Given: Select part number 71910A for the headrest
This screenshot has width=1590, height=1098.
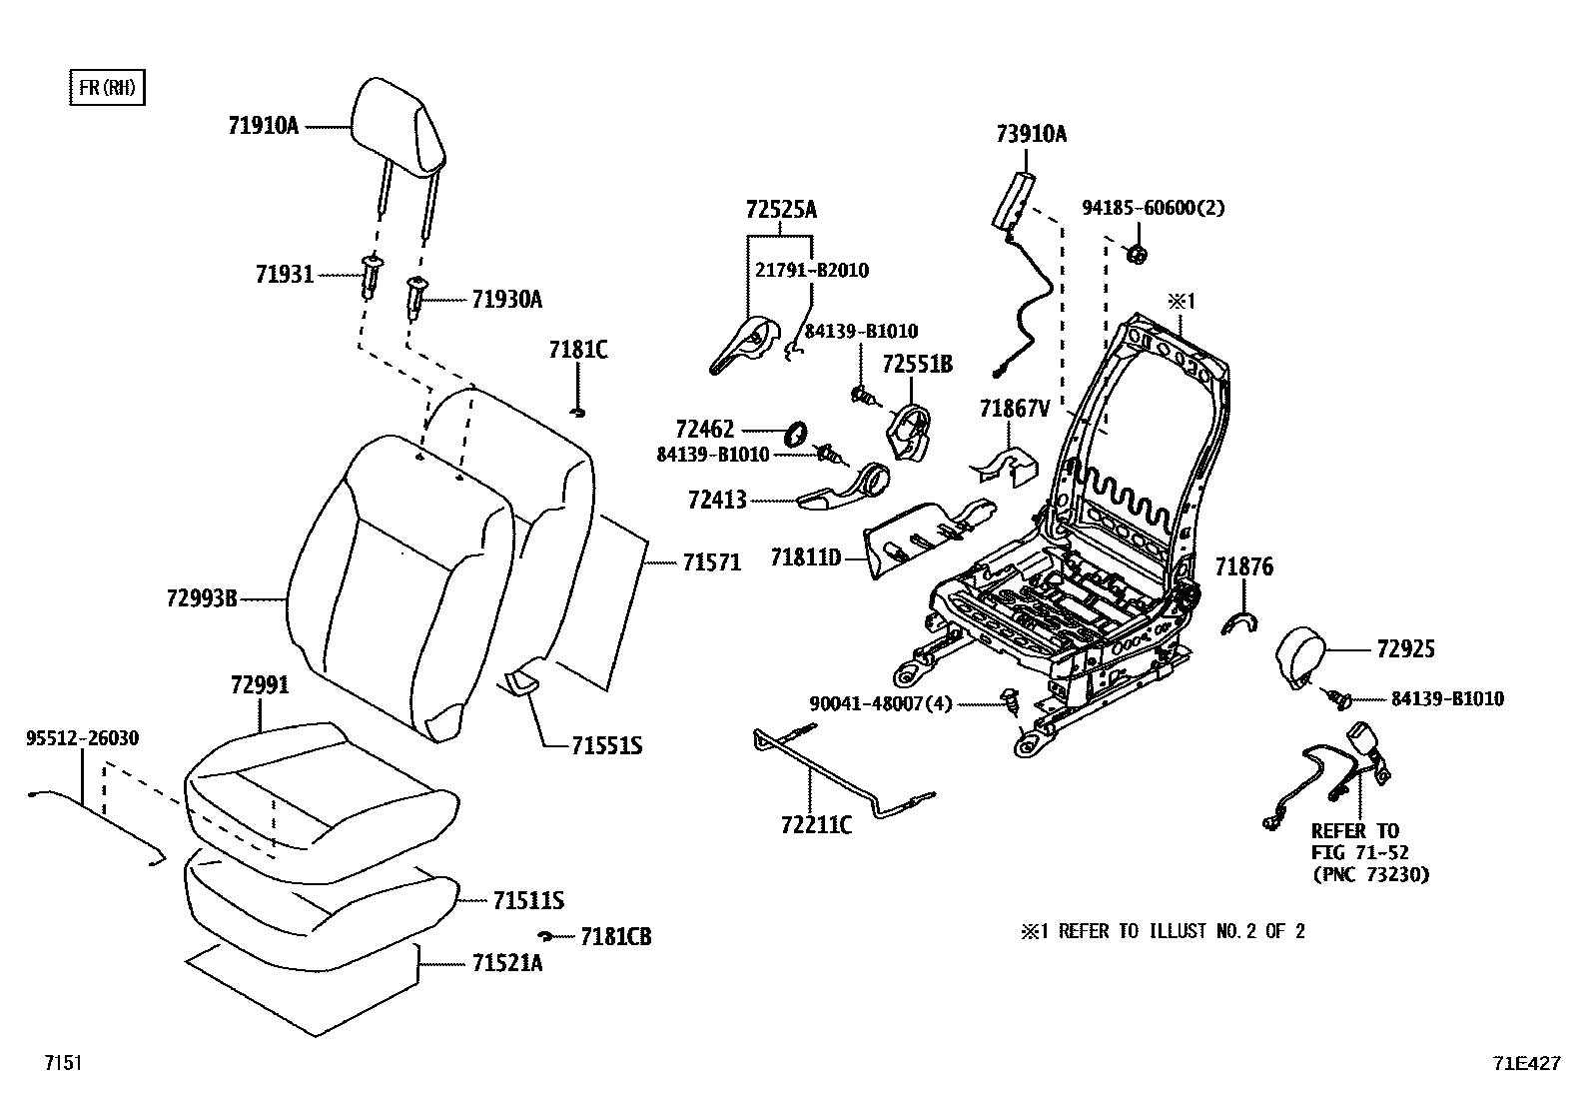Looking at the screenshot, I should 263,126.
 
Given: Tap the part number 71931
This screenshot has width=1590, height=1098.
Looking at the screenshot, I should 284,274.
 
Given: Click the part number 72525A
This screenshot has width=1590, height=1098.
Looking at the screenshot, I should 780,210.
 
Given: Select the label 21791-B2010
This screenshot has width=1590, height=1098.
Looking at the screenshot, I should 811,270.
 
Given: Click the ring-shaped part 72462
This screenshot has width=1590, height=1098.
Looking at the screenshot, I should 797,434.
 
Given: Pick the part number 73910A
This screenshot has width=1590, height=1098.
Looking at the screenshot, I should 1030,134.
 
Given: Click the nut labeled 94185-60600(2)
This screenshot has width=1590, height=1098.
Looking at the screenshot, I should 1136,255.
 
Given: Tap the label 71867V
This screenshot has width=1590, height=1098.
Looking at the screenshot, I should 1015,408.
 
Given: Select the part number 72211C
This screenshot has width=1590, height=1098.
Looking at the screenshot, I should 816,825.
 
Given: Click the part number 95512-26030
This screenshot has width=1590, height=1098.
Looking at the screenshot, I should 82,738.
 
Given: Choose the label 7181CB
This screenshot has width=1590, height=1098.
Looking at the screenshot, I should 615,937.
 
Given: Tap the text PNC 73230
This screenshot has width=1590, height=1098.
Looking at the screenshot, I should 1369,874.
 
